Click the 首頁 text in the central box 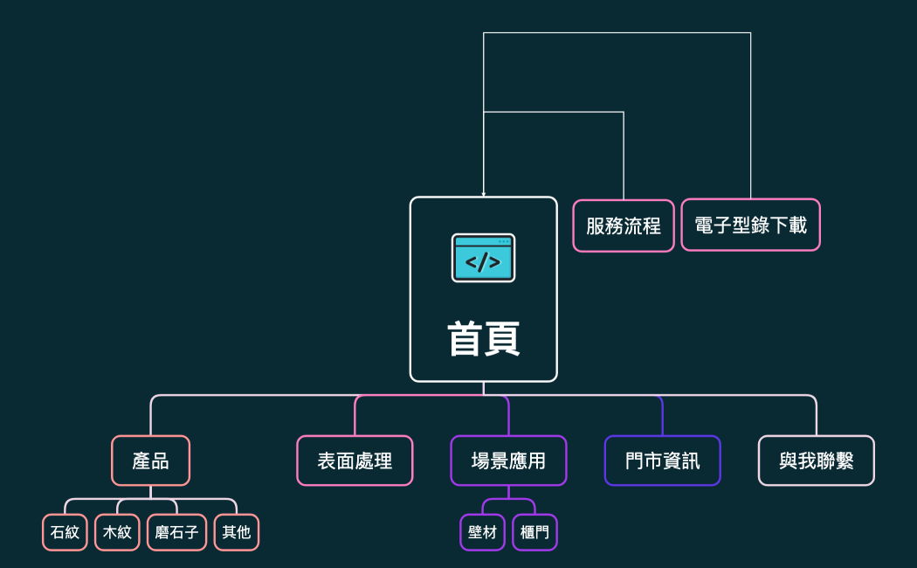pos(483,339)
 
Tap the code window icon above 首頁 pos(483,258)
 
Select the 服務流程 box pos(624,225)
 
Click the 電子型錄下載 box pos(750,225)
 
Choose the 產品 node pos(150,461)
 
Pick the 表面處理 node pos(355,461)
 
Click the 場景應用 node pos(508,461)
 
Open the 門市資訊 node pos(662,461)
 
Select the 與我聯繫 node pos(816,461)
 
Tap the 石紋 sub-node pos(65,532)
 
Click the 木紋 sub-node pos(117,532)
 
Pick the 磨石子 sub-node pos(176,532)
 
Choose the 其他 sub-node pos(237,532)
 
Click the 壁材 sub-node pos(482,532)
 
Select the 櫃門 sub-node pos(534,532)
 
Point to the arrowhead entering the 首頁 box pos(483,194)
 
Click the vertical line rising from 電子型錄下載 pos(750,114)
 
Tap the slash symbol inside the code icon pos(483,261)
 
